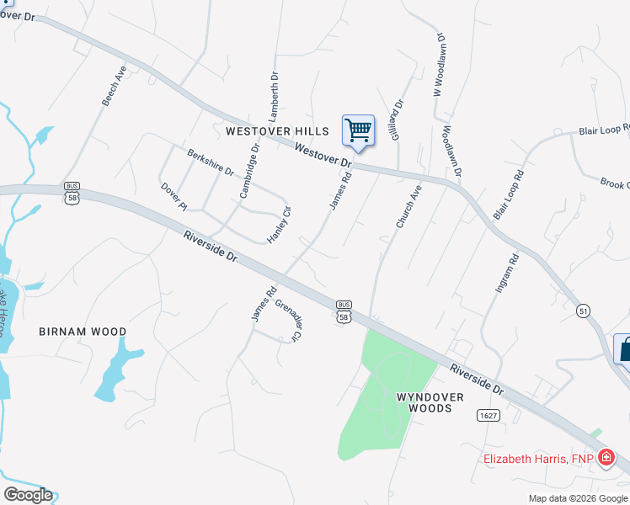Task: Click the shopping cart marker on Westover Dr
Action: click(x=358, y=131)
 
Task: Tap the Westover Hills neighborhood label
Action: click(x=270, y=131)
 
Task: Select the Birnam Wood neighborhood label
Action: click(x=83, y=332)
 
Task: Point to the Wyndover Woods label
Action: click(x=424, y=401)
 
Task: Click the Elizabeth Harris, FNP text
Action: click(x=537, y=459)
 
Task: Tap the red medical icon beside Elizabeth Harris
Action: click(x=605, y=459)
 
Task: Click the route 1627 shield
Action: click(x=487, y=416)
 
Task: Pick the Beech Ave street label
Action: click(x=114, y=86)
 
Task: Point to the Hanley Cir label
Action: click(x=279, y=225)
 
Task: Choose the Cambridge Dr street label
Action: click(x=249, y=170)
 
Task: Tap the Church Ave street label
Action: click(x=408, y=207)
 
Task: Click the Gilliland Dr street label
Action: click(x=396, y=120)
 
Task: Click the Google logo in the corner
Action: click(x=28, y=495)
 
